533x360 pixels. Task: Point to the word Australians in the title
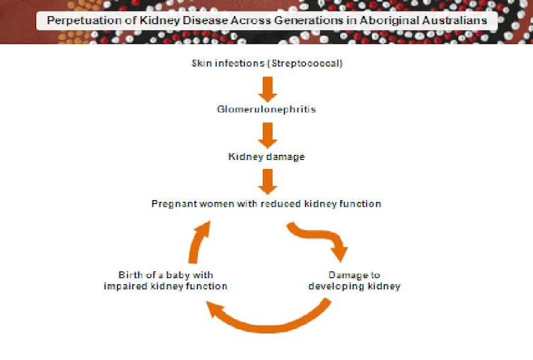pos(454,21)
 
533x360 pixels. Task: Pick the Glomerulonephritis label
pos(266,110)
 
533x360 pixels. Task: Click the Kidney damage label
pos(266,157)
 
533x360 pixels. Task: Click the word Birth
pos(130,274)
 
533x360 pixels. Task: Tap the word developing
pos(335,286)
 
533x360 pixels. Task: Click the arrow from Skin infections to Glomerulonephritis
pos(267,89)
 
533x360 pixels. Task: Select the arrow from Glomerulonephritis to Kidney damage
pos(267,135)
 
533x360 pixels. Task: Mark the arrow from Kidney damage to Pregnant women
pos(267,182)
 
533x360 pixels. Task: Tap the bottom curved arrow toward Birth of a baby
pos(269,327)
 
